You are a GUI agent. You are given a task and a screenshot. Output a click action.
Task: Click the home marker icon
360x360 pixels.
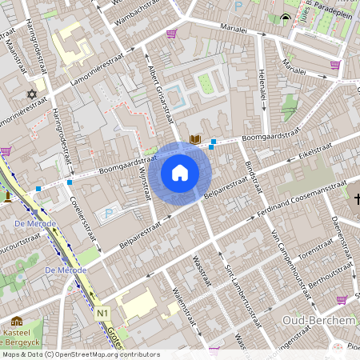[180, 173]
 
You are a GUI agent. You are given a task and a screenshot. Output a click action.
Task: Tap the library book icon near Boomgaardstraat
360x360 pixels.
[194, 140]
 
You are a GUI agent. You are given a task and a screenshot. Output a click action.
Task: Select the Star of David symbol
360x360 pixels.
[33, 94]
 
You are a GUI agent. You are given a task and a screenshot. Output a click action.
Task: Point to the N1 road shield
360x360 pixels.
[102, 313]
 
